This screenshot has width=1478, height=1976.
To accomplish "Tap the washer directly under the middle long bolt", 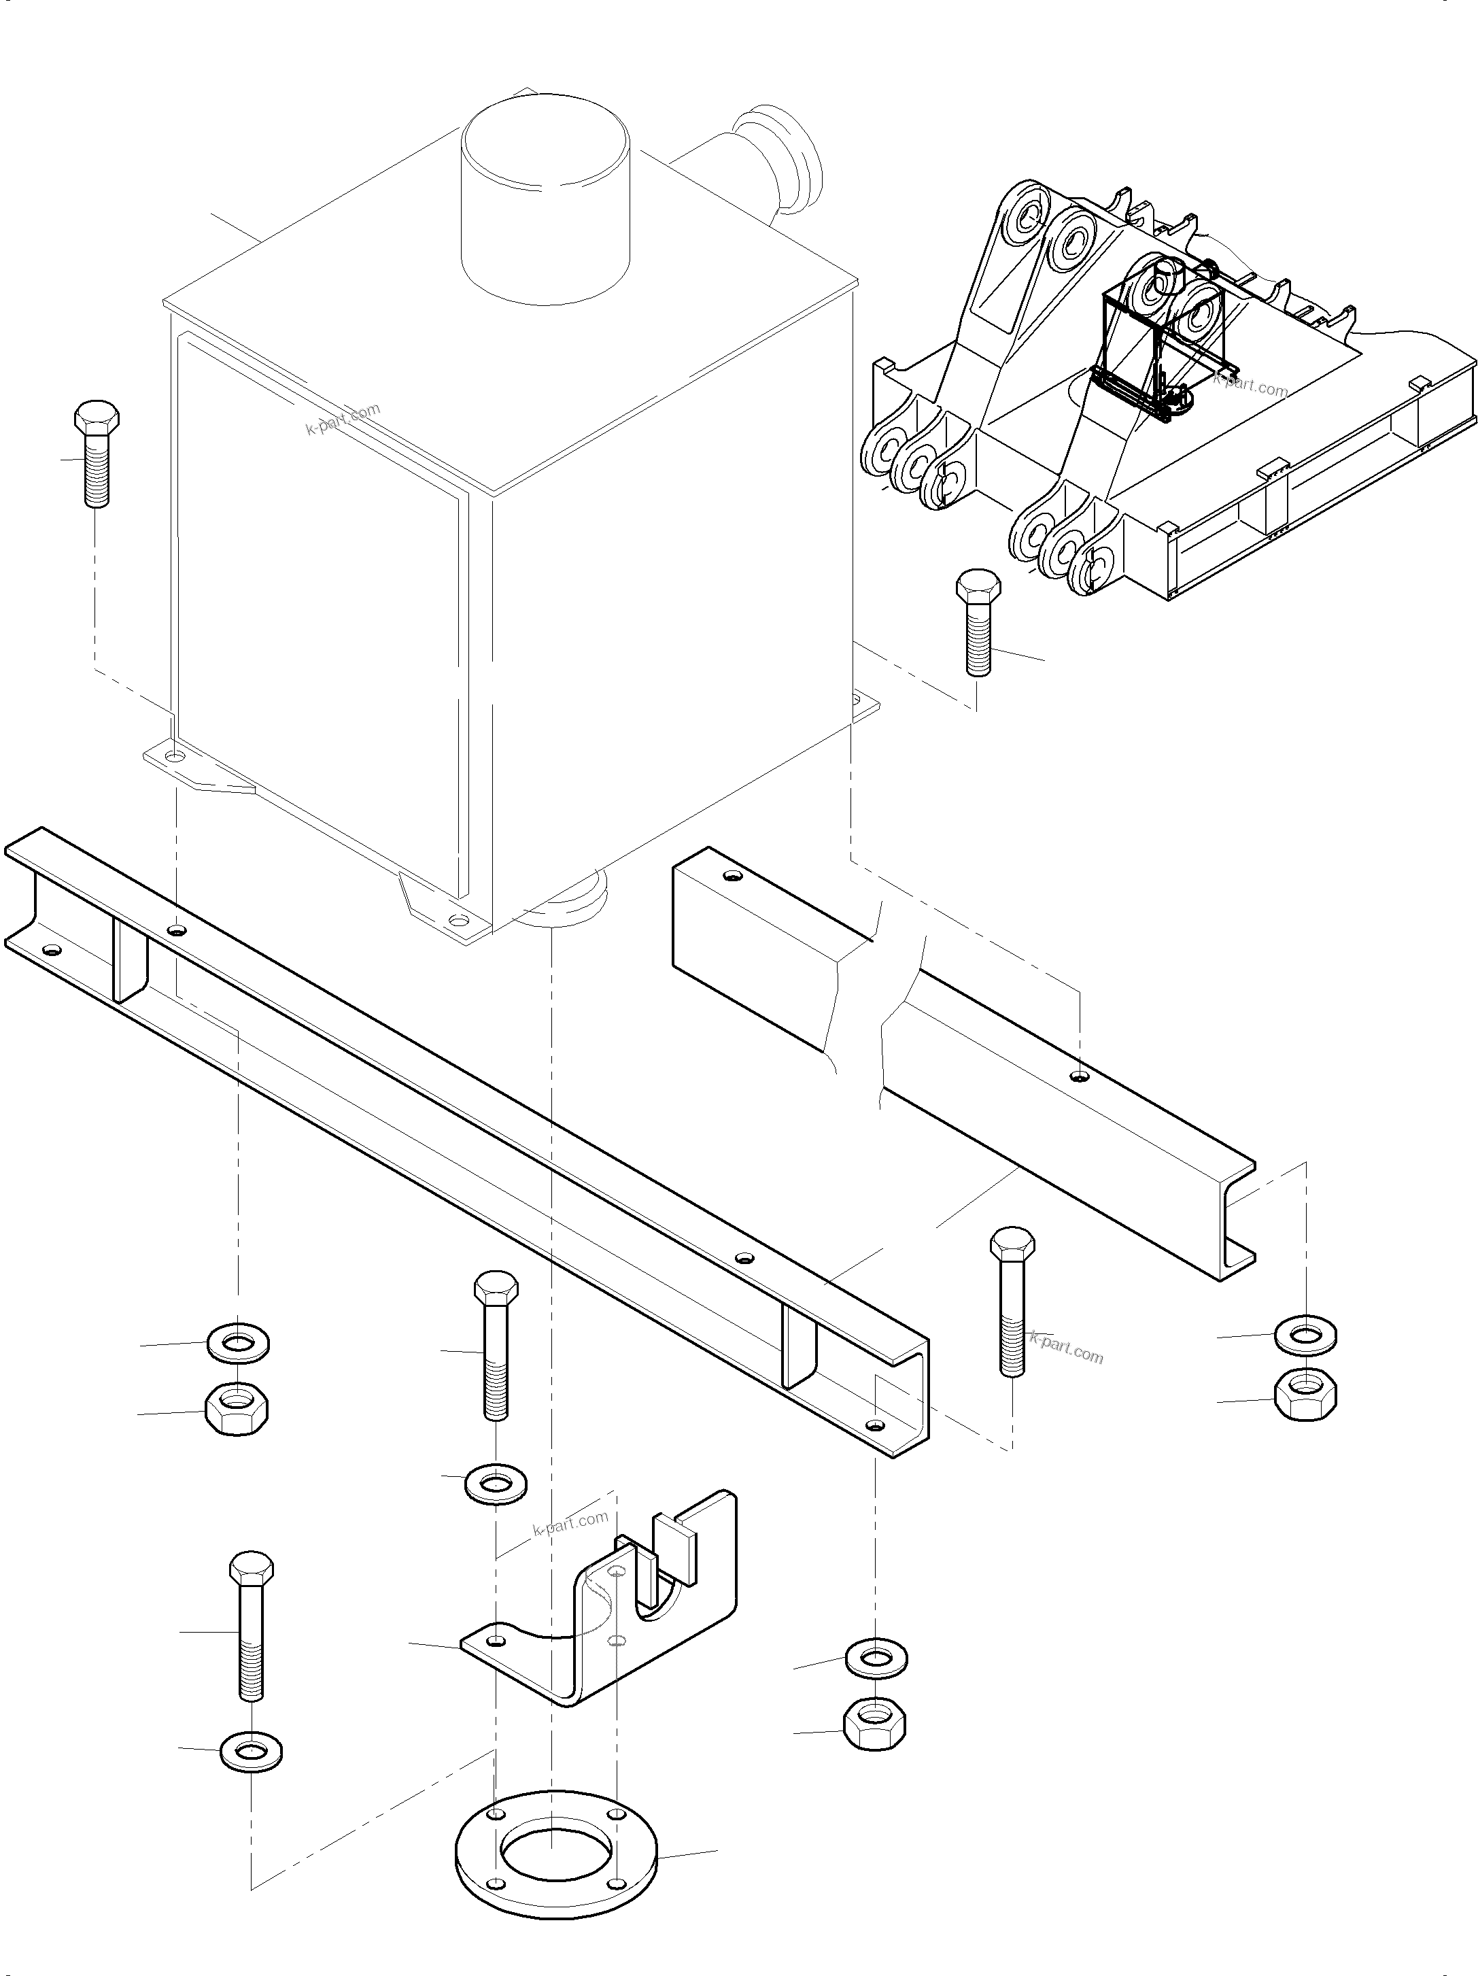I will tap(496, 1484).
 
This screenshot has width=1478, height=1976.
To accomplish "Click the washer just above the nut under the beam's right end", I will tap(877, 1658).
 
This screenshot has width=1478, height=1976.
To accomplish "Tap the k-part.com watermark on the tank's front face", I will tap(343, 419).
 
